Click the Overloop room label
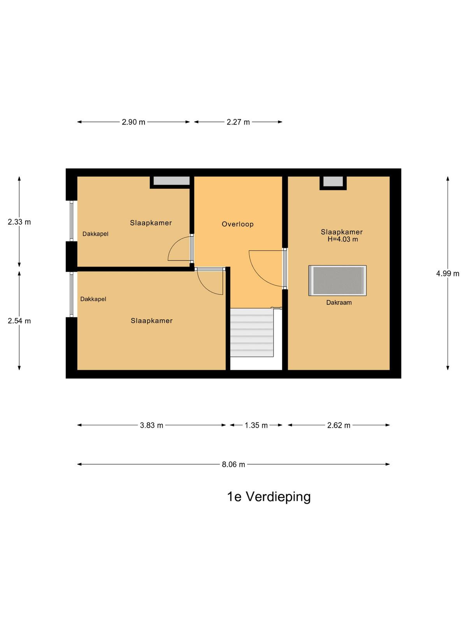[237, 224]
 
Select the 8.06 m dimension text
[233, 465]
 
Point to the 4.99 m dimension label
[448, 273]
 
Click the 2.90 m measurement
[133, 122]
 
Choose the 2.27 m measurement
[238, 122]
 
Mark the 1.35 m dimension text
[256, 425]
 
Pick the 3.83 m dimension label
[151, 425]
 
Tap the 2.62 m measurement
[339, 425]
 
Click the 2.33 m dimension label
[19, 222]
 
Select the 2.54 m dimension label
[19, 321]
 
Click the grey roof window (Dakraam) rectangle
[337, 280]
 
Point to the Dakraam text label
[339, 303]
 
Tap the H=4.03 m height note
[342, 239]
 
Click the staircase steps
[251, 333]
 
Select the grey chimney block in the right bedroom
[333, 181]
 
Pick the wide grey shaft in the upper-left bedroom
[172, 181]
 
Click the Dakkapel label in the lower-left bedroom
[93, 299]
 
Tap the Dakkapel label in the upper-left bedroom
[95, 234]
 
